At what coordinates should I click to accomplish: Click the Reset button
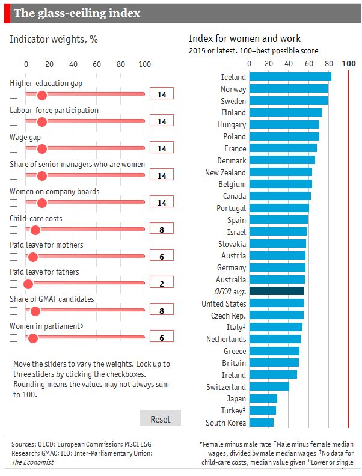pos(160,419)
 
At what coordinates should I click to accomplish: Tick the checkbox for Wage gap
pos(14,149)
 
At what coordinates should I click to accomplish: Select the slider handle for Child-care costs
pos(35,230)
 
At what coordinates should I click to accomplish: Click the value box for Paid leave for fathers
pos(161,282)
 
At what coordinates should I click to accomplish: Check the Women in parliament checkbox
pos(14,338)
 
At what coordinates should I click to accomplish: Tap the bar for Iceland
pos(290,76)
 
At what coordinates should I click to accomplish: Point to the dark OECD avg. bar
pos(277,291)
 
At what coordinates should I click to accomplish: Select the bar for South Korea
pos(261,423)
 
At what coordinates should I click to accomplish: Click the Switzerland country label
pos(225,387)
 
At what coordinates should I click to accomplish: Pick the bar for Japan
pos(263,398)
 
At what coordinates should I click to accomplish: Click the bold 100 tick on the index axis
pos(348,64)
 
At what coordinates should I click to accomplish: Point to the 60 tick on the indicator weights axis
pos(97,64)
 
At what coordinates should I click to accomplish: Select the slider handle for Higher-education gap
pos(41,95)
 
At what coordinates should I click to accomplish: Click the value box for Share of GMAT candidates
pos(161,309)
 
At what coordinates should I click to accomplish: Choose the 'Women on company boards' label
pos(55,192)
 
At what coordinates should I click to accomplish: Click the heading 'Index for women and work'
pos(245,39)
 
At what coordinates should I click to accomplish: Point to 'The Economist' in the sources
pos(32,462)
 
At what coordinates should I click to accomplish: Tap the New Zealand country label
pos(225,172)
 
